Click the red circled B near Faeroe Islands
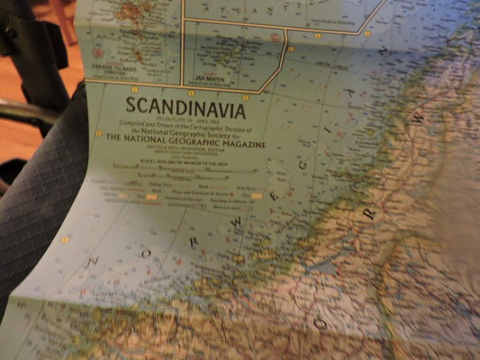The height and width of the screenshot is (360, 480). pos(97,53)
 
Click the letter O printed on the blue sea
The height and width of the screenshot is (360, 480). pos(145,255)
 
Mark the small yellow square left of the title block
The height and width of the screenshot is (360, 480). pos(98,133)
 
